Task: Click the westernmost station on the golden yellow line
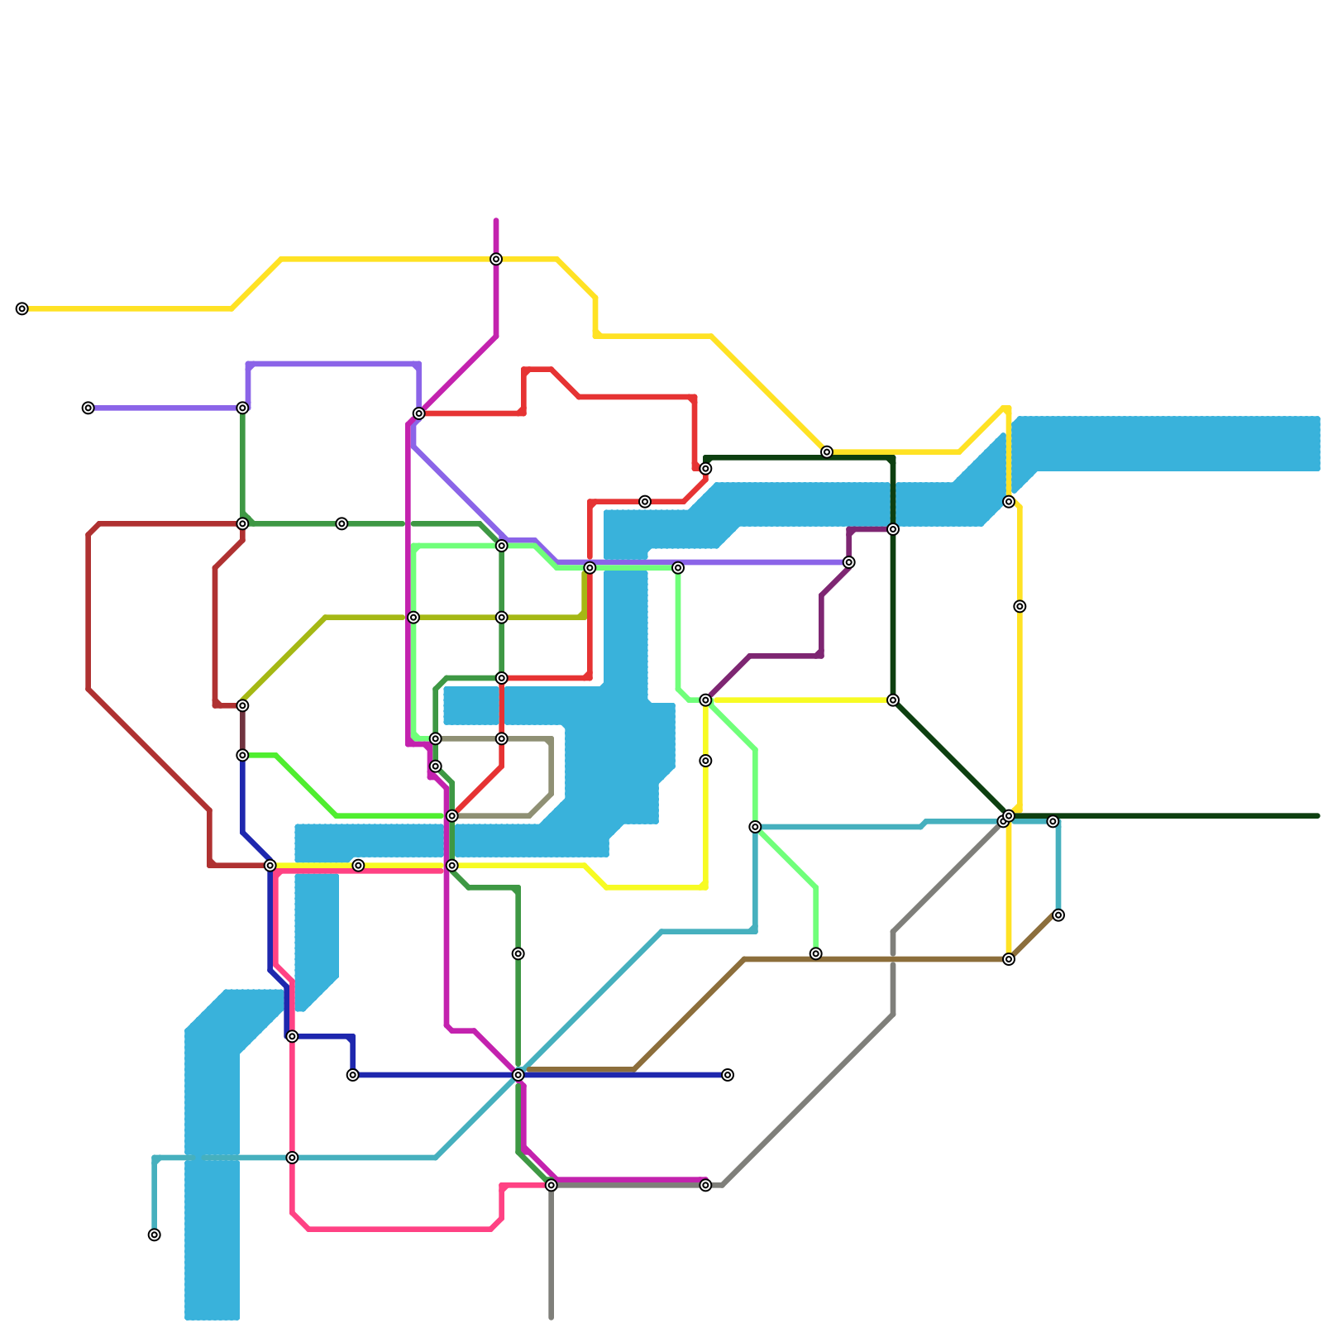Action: pos(22,309)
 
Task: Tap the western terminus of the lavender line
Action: pos(88,408)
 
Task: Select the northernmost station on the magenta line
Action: pos(496,260)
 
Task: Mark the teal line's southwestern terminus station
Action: pos(155,1235)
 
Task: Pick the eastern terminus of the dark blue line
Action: pos(728,1075)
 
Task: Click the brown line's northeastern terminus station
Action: pos(1058,915)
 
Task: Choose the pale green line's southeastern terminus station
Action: pos(816,954)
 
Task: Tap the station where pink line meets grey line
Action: pos(552,1186)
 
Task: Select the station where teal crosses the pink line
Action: pos(292,1158)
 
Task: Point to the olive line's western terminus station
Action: pos(242,706)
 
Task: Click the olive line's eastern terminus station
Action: pos(590,568)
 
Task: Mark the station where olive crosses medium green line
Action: pos(502,618)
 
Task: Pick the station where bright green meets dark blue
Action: pos(242,756)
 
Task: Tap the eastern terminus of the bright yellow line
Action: pos(893,700)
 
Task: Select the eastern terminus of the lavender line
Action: pos(849,562)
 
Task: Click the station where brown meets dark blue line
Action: pos(518,1075)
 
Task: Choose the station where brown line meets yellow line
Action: pos(1009,959)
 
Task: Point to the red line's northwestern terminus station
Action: pos(419,413)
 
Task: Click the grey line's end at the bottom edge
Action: pos(552,1318)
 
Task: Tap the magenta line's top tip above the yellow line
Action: pos(496,222)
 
